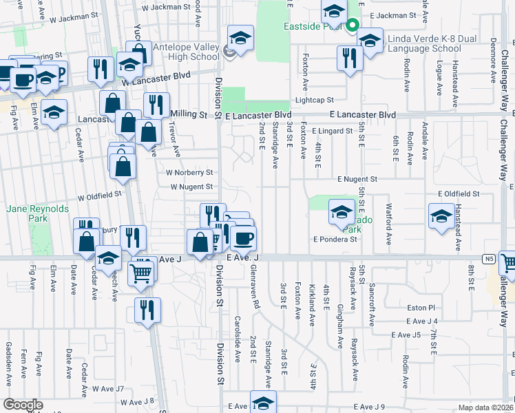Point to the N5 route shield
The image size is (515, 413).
click(490, 259)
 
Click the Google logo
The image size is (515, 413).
click(23, 405)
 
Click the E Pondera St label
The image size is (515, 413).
click(335, 240)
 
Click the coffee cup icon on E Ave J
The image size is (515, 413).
click(242, 239)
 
